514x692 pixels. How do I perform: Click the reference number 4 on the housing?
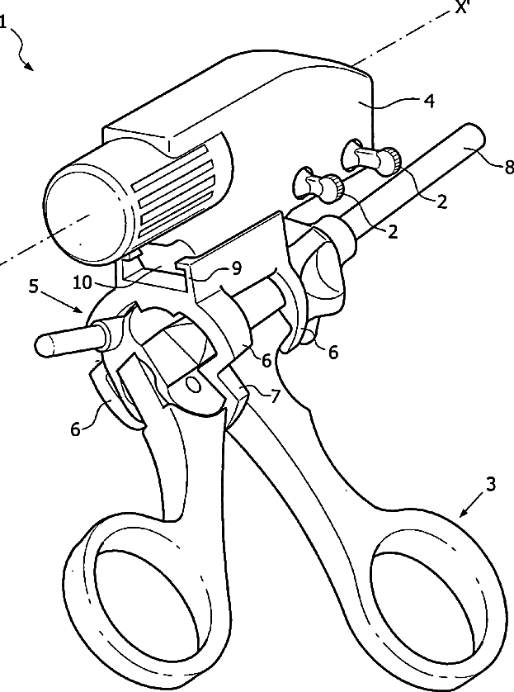[427, 102]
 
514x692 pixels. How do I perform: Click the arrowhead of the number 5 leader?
[83, 313]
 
